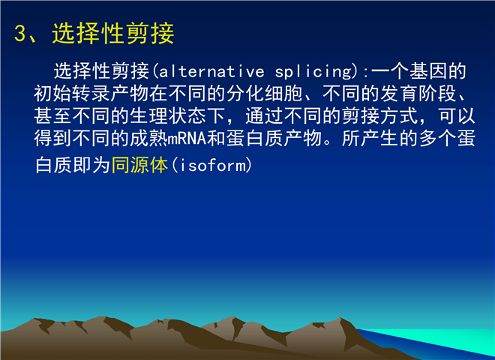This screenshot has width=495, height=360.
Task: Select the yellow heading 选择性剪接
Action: [x=113, y=34]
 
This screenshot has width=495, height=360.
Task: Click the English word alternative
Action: [x=211, y=71]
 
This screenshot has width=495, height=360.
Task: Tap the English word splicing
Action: [x=313, y=72]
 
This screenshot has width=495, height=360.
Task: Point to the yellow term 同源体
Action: [x=139, y=164]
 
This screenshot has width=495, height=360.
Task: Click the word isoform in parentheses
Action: [x=212, y=164]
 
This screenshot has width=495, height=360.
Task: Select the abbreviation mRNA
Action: [x=187, y=138]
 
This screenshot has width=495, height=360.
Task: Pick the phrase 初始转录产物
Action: [x=91, y=94]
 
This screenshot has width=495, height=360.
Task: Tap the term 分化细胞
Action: [x=264, y=94]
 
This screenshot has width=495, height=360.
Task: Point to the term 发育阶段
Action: [x=418, y=94]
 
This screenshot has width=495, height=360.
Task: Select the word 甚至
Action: [x=53, y=115]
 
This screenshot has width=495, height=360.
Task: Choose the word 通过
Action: [x=264, y=115]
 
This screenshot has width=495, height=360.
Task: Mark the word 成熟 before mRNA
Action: [x=148, y=138]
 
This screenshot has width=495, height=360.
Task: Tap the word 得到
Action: [x=53, y=138]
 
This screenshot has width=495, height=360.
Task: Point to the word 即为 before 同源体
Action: [x=91, y=164]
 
